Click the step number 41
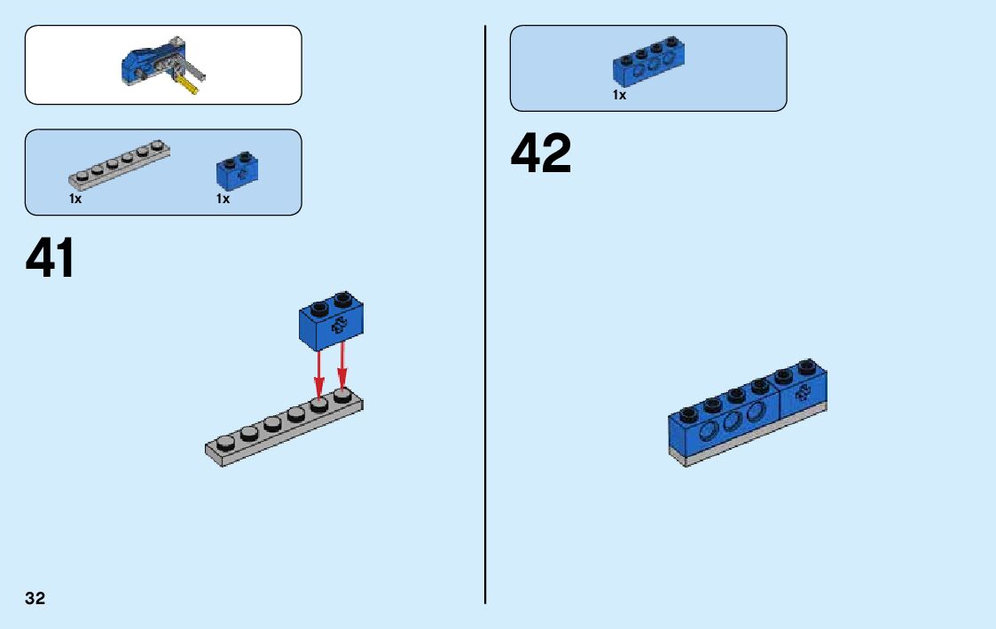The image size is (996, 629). pyautogui.click(x=51, y=258)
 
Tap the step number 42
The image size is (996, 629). pyautogui.click(x=541, y=153)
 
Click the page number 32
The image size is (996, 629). pyautogui.click(x=35, y=598)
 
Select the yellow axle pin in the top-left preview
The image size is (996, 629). pyautogui.click(x=187, y=83)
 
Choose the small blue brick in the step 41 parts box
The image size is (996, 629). pyautogui.click(x=236, y=172)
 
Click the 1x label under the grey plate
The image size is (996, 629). pyautogui.click(x=75, y=200)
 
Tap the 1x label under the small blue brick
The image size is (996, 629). pyautogui.click(x=223, y=200)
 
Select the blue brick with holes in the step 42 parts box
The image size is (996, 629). pyautogui.click(x=648, y=65)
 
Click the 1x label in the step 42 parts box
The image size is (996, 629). pyautogui.click(x=619, y=95)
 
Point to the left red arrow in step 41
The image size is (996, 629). pyautogui.click(x=319, y=373)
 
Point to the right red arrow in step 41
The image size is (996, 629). pyautogui.click(x=342, y=366)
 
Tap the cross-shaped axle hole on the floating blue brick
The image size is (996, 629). pyautogui.click(x=337, y=326)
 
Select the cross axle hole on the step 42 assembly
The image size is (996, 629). pyautogui.click(x=804, y=396)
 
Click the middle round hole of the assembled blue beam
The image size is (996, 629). pyautogui.click(x=732, y=421)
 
